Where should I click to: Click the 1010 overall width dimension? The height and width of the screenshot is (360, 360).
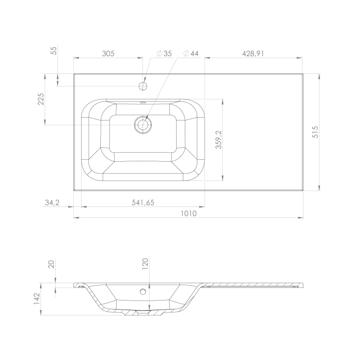[189, 214]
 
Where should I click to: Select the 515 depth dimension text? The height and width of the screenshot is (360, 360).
[315, 132]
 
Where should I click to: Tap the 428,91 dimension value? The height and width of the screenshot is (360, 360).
[253, 53]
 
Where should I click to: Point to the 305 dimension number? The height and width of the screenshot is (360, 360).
[108, 53]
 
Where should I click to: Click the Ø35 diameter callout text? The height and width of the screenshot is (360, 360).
[164, 53]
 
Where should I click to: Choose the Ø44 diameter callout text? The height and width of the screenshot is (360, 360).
[191, 53]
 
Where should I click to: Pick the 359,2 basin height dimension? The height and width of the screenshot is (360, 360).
[218, 140]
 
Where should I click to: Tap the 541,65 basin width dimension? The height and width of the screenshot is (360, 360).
[143, 203]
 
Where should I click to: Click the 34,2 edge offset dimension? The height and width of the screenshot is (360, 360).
[52, 203]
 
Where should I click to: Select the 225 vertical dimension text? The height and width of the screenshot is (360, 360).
[41, 99]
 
